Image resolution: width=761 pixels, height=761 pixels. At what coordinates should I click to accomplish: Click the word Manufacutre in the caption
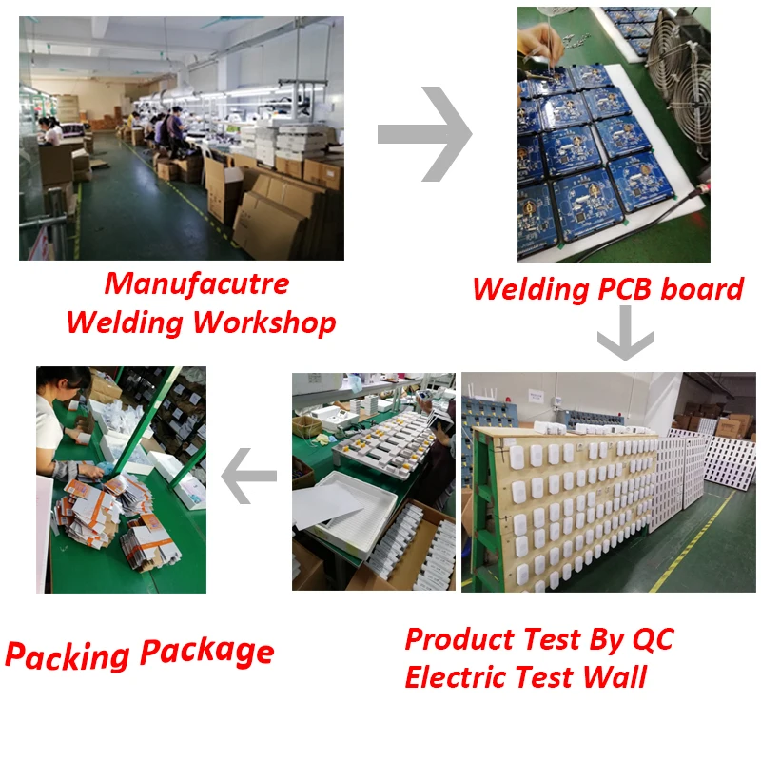coord(196,283)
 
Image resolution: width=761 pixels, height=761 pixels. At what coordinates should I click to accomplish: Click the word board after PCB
coord(702,288)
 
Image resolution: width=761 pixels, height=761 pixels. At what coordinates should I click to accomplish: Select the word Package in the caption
coord(207,652)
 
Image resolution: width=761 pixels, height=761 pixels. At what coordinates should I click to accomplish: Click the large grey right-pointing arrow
coord(425,133)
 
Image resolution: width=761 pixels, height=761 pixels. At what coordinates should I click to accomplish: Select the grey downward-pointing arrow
coord(625,340)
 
